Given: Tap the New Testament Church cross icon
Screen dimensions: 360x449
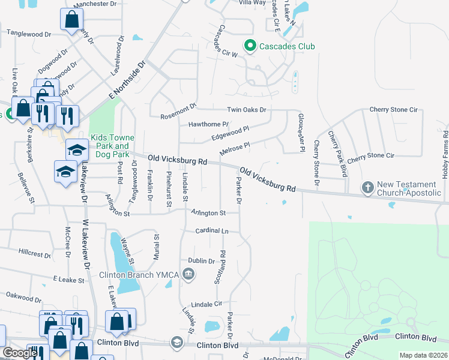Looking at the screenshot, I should point(368,188).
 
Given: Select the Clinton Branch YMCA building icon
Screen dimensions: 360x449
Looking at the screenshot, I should point(188,275).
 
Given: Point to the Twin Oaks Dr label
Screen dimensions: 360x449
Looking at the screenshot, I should point(246,110).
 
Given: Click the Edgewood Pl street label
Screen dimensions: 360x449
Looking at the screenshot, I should point(231,133).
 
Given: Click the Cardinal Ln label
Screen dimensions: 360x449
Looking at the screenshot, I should point(212,230).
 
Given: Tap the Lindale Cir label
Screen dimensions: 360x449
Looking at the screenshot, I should point(206,304).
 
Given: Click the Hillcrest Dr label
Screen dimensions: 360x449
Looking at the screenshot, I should point(35,253).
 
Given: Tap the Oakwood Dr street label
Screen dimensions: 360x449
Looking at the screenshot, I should point(23,295).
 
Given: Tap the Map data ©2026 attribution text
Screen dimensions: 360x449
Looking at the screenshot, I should point(423,355).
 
